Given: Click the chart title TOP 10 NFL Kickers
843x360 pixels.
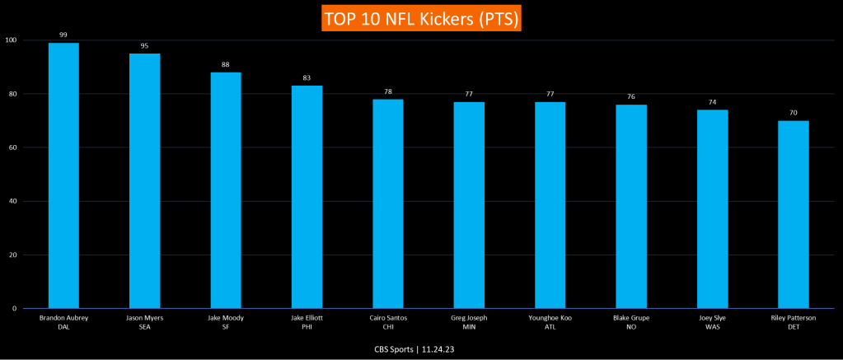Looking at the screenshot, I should coord(422,18).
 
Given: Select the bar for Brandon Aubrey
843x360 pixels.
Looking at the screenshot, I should coord(63,175).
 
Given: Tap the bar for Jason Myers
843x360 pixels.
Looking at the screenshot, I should coord(144,181).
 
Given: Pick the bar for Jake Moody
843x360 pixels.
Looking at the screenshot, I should coord(226,190).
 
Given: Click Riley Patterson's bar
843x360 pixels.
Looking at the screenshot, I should coord(794,214).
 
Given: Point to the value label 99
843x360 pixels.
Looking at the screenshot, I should coord(63,35).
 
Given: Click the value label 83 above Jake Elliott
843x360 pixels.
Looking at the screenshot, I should coord(307,78).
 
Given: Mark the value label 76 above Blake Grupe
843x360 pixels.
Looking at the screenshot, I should coord(631,96).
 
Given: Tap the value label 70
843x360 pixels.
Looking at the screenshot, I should coord(794,113).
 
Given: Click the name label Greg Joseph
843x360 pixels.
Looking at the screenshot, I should coord(469,317).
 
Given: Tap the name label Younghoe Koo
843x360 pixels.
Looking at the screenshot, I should coord(550,317).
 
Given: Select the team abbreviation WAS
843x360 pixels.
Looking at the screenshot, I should coord(712,326).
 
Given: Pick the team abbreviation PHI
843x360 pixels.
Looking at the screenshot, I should coord(307,326).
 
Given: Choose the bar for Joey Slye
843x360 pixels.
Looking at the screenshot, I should coord(712,209).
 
